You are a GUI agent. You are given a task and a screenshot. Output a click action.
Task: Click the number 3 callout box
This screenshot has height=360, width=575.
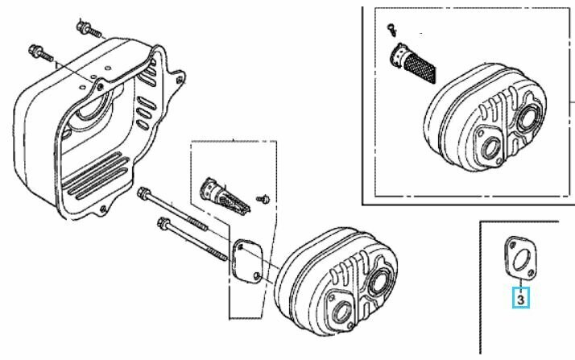point(521,298)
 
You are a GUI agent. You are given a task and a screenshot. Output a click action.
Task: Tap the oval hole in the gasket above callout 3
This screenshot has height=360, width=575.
point(520,259)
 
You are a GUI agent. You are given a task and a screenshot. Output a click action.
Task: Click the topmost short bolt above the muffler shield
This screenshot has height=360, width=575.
point(89,29)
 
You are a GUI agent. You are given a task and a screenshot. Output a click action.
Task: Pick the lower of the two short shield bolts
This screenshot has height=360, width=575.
point(40,52)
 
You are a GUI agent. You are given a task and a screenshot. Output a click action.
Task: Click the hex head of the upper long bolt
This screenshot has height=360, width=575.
point(143,192)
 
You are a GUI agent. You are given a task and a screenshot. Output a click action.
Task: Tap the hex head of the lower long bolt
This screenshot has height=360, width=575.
point(163,222)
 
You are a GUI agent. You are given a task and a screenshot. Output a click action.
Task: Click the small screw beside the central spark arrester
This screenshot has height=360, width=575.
point(263,200)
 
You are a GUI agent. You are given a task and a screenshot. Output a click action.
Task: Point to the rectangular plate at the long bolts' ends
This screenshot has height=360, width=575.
point(247,260)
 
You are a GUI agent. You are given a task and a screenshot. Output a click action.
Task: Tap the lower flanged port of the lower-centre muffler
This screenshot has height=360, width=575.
point(341,312)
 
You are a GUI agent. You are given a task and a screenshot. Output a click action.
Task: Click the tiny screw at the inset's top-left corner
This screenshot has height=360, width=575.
point(391,29)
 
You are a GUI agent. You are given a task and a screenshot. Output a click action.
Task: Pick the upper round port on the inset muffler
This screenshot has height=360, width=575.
point(528,117)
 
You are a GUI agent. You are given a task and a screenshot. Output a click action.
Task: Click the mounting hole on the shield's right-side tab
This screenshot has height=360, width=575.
point(179,80)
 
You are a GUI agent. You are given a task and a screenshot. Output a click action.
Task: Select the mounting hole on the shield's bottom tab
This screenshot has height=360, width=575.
point(103,209)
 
